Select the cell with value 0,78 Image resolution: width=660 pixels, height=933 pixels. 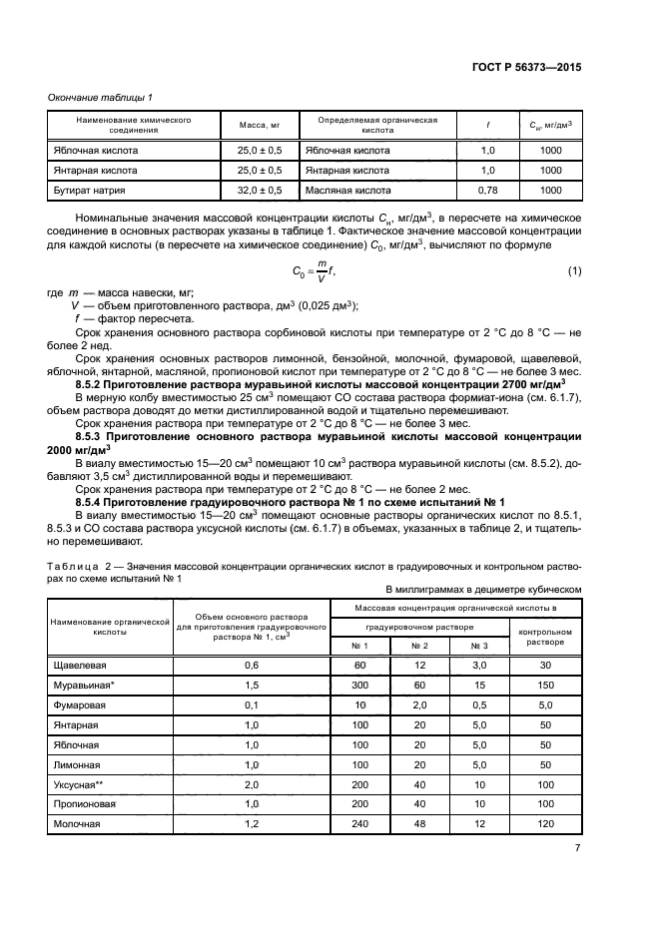point(487,189)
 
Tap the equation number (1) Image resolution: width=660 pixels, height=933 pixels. point(574,271)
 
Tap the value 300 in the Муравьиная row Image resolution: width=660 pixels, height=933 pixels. point(359,685)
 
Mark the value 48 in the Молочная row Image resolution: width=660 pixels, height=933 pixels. point(419,824)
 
